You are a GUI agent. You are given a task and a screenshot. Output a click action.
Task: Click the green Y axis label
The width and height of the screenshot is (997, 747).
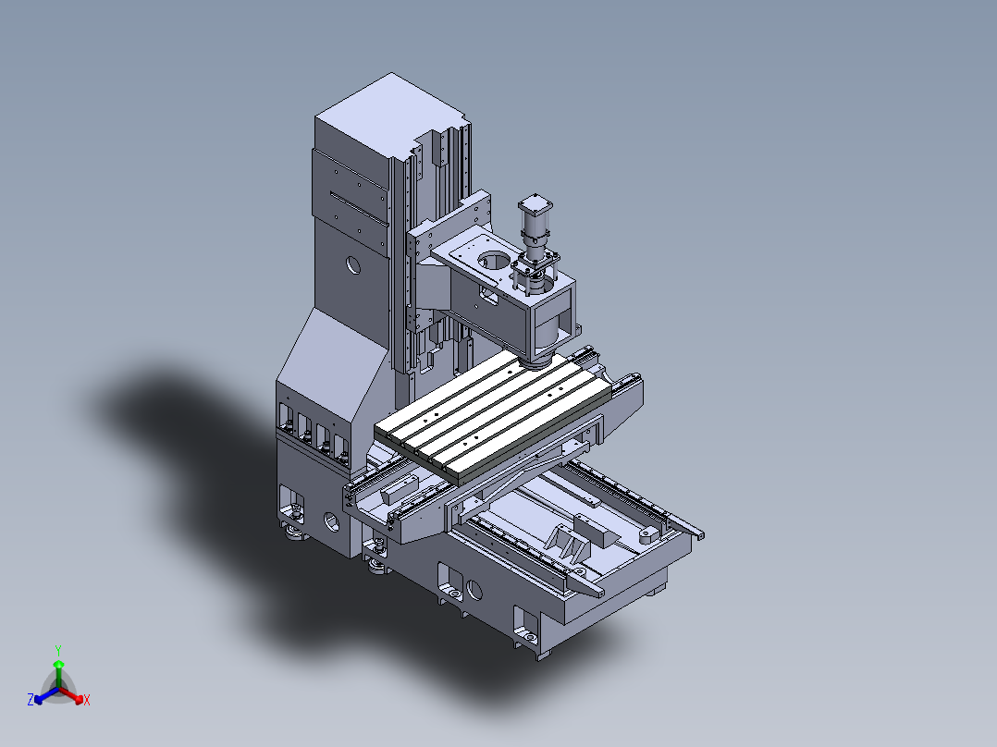click(58, 649)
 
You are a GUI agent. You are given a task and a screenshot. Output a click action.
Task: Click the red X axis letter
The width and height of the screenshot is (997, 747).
click(87, 700)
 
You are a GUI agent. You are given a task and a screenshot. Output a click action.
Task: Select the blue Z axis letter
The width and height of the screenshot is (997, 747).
click(31, 700)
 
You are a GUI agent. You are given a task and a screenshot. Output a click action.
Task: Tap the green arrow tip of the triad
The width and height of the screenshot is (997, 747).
click(58, 664)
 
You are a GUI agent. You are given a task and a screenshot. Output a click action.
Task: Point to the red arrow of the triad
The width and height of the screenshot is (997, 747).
click(75, 695)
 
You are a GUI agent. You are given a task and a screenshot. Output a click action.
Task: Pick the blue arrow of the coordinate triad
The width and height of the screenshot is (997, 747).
click(42, 695)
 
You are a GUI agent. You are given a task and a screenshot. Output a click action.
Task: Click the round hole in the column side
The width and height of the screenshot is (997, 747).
click(353, 264)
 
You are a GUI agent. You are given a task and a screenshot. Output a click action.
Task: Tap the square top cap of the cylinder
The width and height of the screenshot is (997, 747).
click(535, 204)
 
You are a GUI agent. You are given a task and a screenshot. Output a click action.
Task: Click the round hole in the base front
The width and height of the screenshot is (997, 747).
click(475, 589)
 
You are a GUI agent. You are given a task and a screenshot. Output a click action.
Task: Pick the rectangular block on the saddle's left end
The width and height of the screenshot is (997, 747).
click(400, 491)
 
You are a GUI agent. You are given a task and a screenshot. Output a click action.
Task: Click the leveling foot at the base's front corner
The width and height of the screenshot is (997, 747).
click(528, 637)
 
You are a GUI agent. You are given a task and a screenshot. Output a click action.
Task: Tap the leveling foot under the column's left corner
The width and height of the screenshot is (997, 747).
click(295, 531)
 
